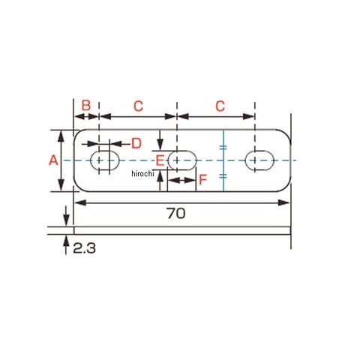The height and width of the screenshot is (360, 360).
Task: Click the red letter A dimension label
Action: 53,160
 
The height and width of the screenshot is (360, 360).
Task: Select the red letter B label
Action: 86,106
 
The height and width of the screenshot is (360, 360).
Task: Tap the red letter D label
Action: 136,143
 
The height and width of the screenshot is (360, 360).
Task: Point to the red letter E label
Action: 160,160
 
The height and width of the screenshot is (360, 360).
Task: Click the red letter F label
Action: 203,179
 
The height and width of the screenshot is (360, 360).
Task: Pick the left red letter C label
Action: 138,106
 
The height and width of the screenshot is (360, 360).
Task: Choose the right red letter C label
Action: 220,106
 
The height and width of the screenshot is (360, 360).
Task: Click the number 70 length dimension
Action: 176,214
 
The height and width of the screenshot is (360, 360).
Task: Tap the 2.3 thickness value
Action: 84,248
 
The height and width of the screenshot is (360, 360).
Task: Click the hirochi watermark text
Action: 142,173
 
